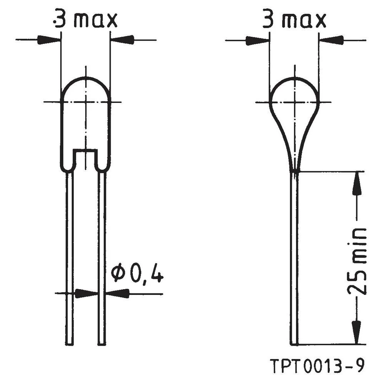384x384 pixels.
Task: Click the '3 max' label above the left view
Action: (x=86, y=20)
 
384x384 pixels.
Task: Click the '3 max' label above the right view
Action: (x=294, y=20)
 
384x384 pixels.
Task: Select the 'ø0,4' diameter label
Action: (x=137, y=274)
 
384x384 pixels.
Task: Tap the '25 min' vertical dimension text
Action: (x=357, y=261)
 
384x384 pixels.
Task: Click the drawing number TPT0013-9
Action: (x=317, y=366)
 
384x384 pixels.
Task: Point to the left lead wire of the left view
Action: (x=69, y=257)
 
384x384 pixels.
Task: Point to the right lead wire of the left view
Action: (x=102, y=257)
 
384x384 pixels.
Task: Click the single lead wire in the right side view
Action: (x=294, y=257)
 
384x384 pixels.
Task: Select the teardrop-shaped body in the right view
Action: (x=294, y=115)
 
